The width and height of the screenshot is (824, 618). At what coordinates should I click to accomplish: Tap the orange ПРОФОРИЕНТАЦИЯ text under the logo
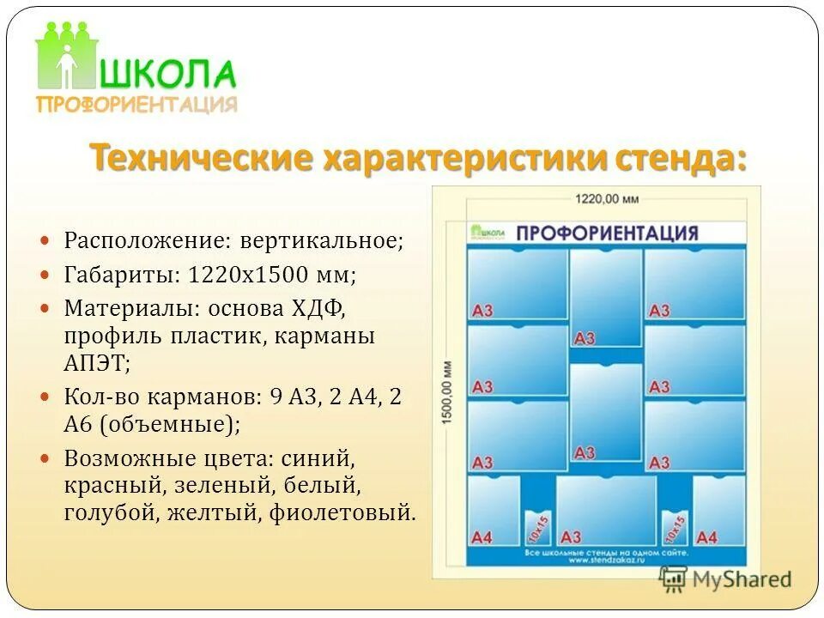click(x=136, y=105)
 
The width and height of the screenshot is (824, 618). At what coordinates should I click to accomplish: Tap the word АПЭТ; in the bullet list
click(x=97, y=363)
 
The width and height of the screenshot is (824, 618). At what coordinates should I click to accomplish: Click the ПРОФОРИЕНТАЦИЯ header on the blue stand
click(x=607, y=233)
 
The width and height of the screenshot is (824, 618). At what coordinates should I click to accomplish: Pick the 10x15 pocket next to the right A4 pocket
click(x=675, y=528)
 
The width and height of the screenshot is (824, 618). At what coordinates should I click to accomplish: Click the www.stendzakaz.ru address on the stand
click(x=605, y=562)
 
